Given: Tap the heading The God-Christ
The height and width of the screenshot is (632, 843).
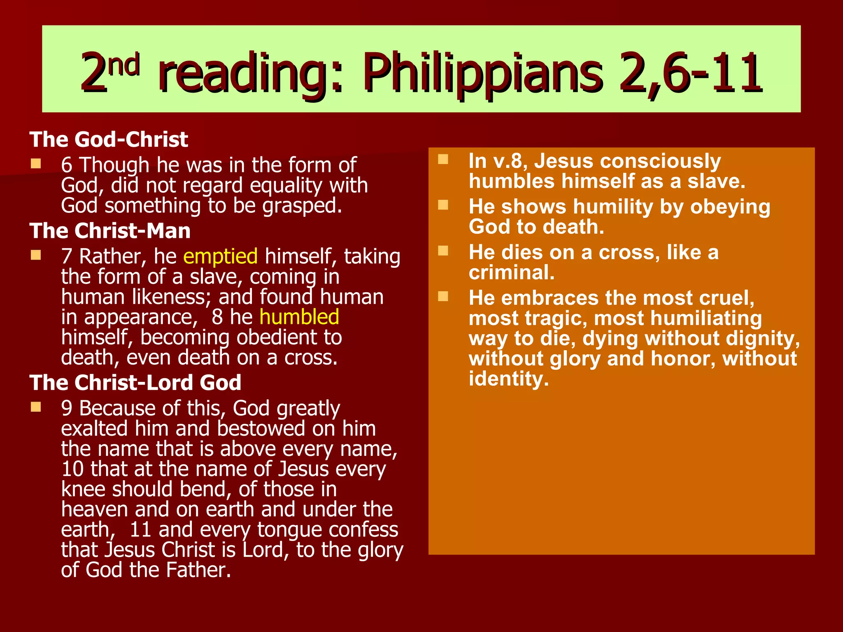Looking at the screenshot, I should [x=109, y=139].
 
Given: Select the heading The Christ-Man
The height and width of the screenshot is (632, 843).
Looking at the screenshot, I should [x=110, y=231].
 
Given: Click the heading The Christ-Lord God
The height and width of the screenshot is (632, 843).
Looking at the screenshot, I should [x=135, y=383].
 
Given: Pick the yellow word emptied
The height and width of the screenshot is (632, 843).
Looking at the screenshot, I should [x=220, y=256].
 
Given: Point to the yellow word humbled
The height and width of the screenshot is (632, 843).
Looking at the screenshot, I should [x=299, y=317].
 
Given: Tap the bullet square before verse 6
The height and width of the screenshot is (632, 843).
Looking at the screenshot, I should [x=36, y=164].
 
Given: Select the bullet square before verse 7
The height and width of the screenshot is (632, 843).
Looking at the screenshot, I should [x=36, y=256].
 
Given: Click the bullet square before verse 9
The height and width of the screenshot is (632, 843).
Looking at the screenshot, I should [x=36, y=407].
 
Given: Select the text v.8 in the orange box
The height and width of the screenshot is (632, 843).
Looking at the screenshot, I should [x=510, y=161].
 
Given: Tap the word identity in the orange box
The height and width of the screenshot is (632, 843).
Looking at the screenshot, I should [x=509, y=379].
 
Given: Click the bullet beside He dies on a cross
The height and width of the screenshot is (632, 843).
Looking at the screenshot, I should [x=443, y=251].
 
